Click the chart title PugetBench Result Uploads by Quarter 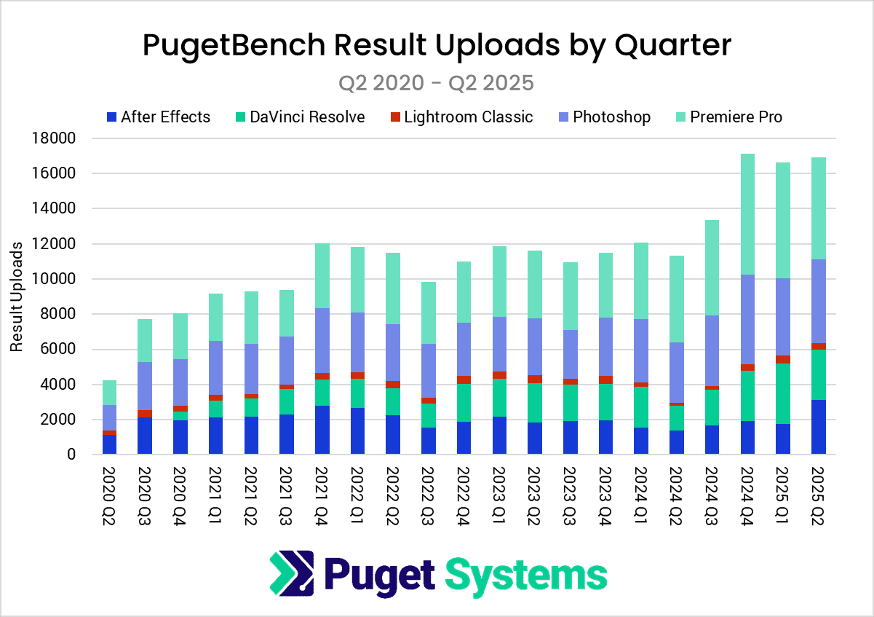click(x=437, y=45)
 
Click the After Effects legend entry click(x=158, y=117)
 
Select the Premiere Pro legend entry click(x=728, y=117)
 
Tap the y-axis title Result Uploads click(x=17, y=296)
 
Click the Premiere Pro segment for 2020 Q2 click(x=108, y=393)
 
